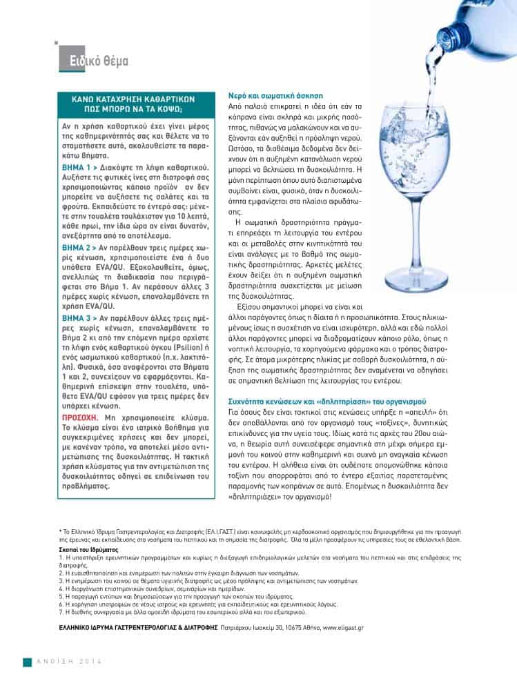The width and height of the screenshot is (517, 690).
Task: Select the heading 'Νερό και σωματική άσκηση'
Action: click(x=275, y=95)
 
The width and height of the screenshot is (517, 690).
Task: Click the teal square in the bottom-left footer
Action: click(x=28, y=662)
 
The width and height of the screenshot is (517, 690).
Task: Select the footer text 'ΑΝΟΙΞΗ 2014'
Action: click(x=69, y=662)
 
